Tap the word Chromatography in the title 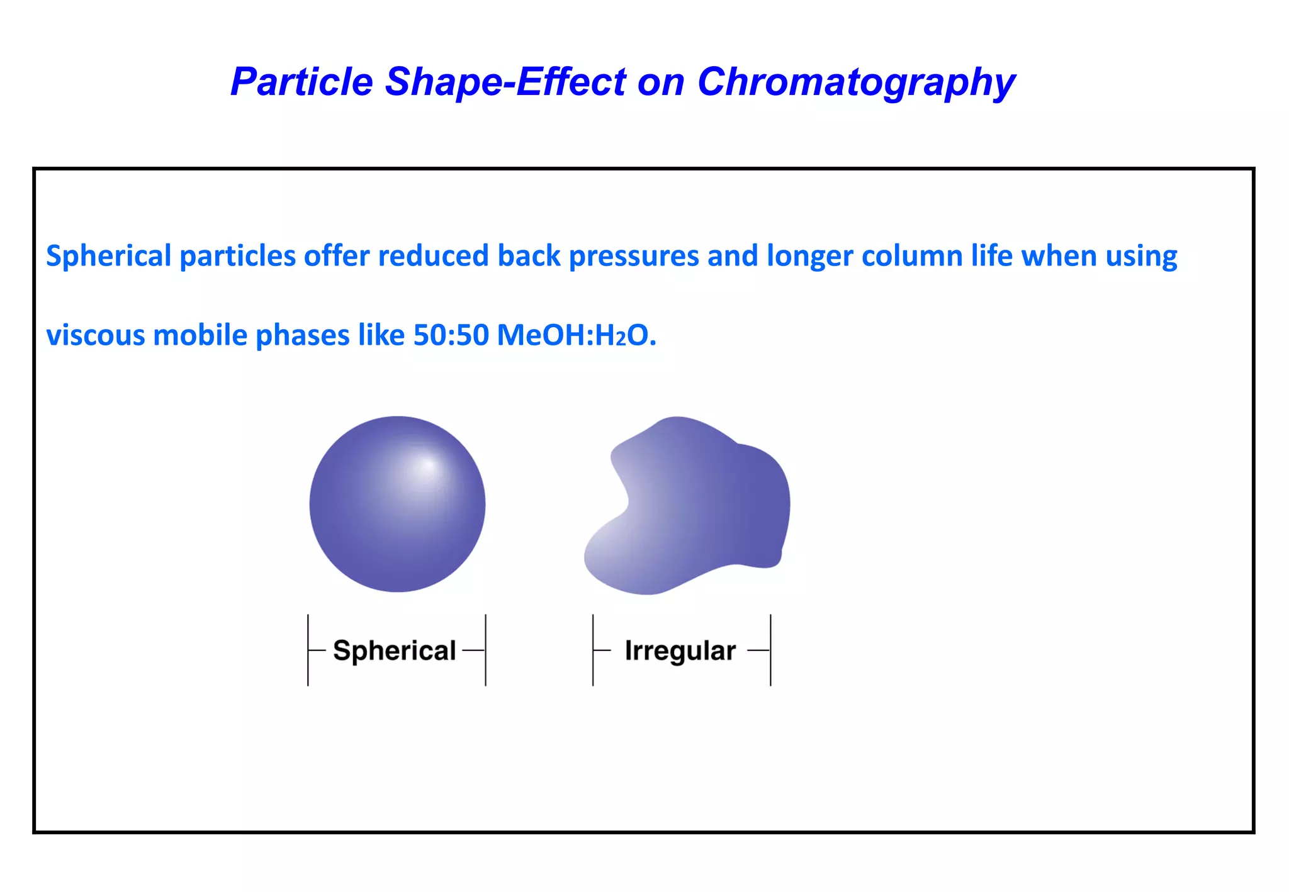[x=856, y=82]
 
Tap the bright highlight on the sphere [x=428, y=466]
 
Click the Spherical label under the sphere [x=395, y=650]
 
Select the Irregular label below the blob [x=680, y=650]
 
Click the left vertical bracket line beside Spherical [x=308, y=650]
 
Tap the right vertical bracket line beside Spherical [x=486, y=650]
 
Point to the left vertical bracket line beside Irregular [x=593, y=650]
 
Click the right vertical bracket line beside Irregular [x=770, y=650]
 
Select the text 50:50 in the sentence [x=451, y=335]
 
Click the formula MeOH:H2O [x=576, y=335]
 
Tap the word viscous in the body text [x=96, y=335]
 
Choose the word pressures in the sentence [x=634, y=256]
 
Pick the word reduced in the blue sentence [x=433, y=256]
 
